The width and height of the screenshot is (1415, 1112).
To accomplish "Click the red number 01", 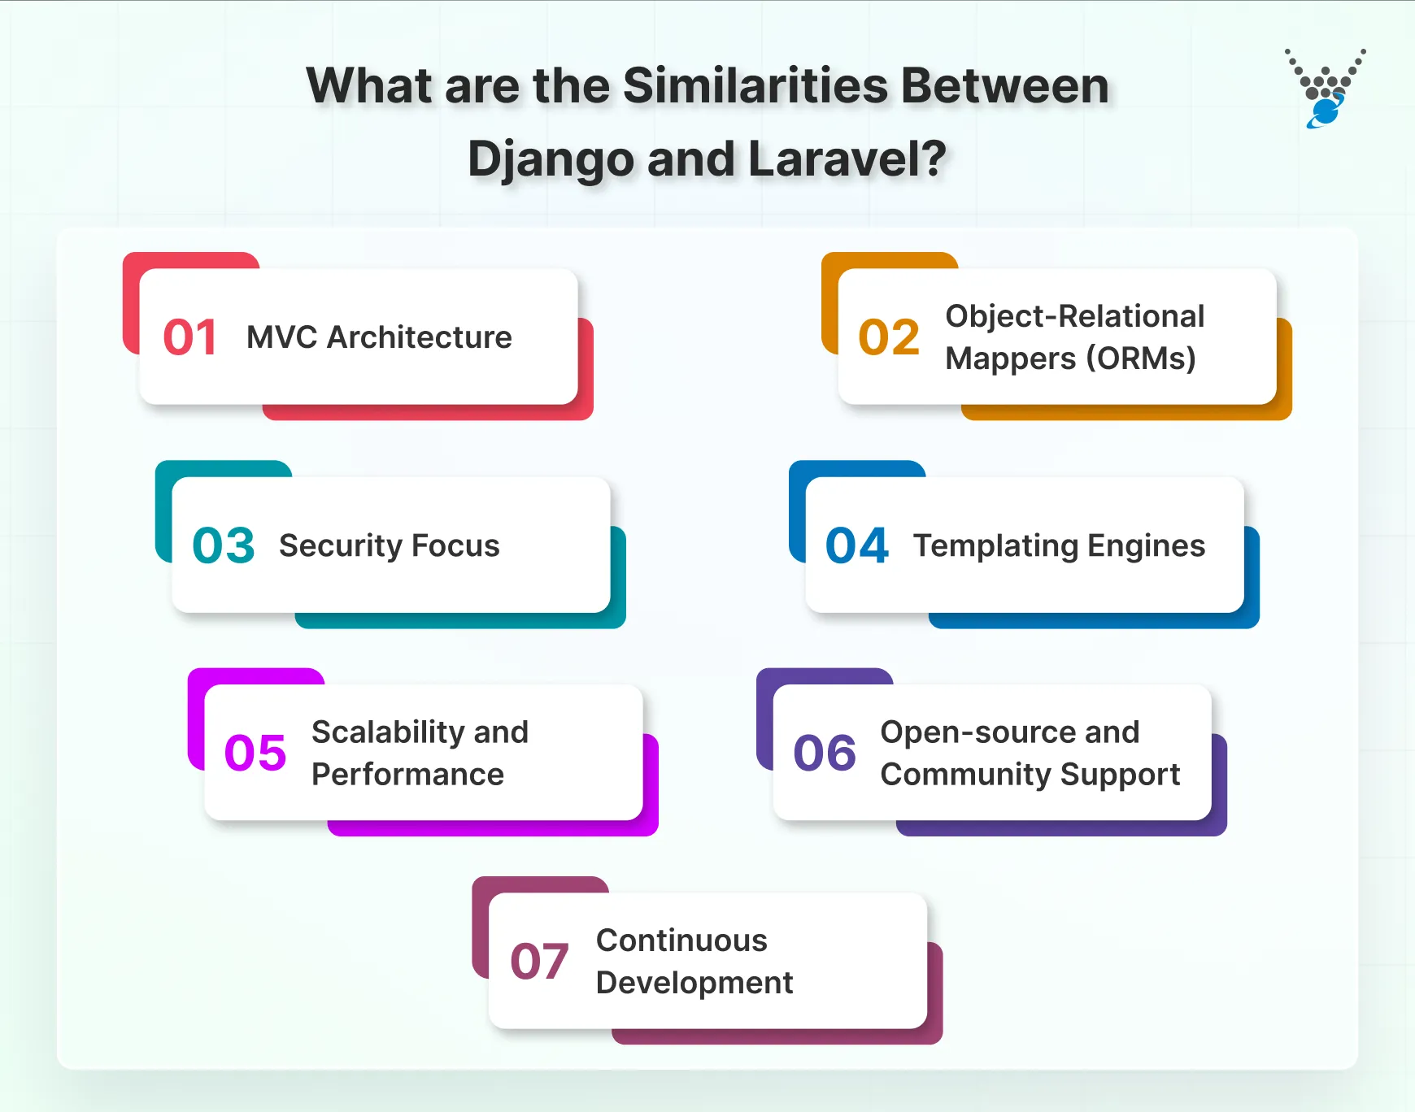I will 189,337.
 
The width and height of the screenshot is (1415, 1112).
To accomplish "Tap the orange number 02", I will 889,337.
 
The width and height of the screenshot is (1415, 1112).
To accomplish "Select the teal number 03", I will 223,545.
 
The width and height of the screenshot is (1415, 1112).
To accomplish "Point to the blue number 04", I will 856,545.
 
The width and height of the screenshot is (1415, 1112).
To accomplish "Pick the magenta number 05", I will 255,753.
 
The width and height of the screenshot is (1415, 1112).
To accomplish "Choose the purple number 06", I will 825,753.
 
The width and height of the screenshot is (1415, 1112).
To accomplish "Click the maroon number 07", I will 538,962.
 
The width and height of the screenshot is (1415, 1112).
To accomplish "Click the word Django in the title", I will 550,159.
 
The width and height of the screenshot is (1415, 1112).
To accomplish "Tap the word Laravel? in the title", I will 847,159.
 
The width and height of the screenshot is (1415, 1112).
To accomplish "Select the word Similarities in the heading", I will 755,86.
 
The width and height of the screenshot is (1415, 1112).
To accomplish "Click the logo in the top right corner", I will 1325,89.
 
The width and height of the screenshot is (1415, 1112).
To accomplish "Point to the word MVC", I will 281,337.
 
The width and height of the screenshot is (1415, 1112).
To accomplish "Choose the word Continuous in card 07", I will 681,940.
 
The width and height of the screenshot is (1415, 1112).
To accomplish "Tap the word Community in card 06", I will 964,775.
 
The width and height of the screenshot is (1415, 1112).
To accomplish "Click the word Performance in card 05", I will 407,775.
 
